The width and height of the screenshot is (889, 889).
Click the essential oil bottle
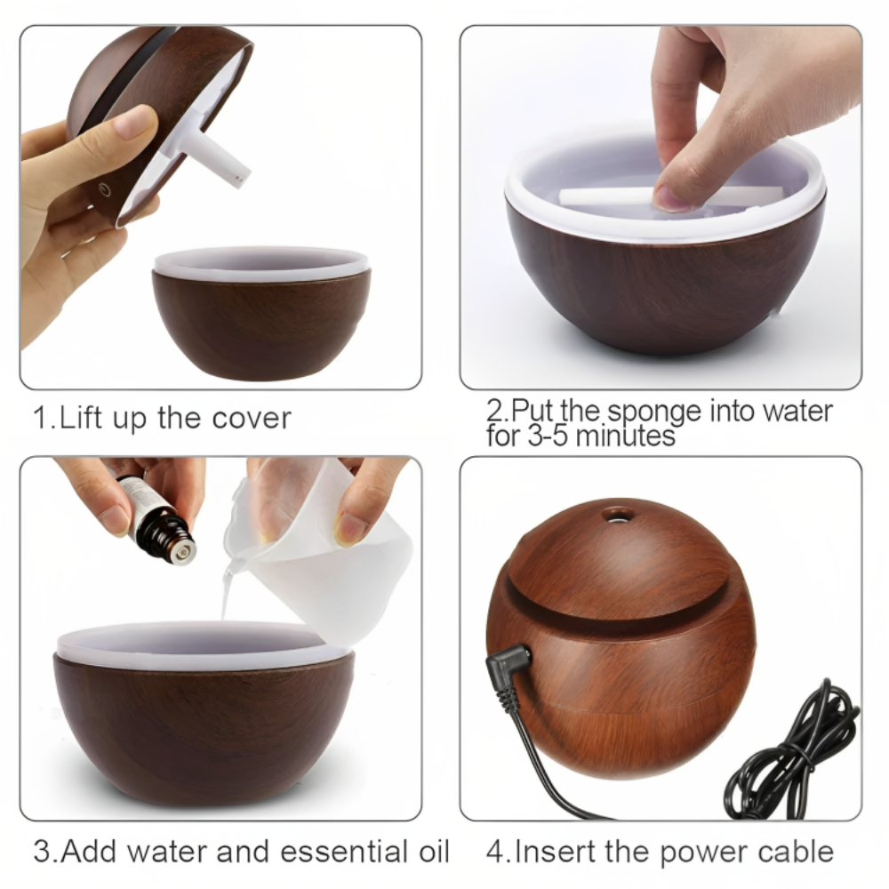[158, 520]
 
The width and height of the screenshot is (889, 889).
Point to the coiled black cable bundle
[791, 756]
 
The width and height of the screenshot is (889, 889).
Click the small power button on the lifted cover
[104, 188]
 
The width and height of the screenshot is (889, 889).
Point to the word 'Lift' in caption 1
[80, 418]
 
